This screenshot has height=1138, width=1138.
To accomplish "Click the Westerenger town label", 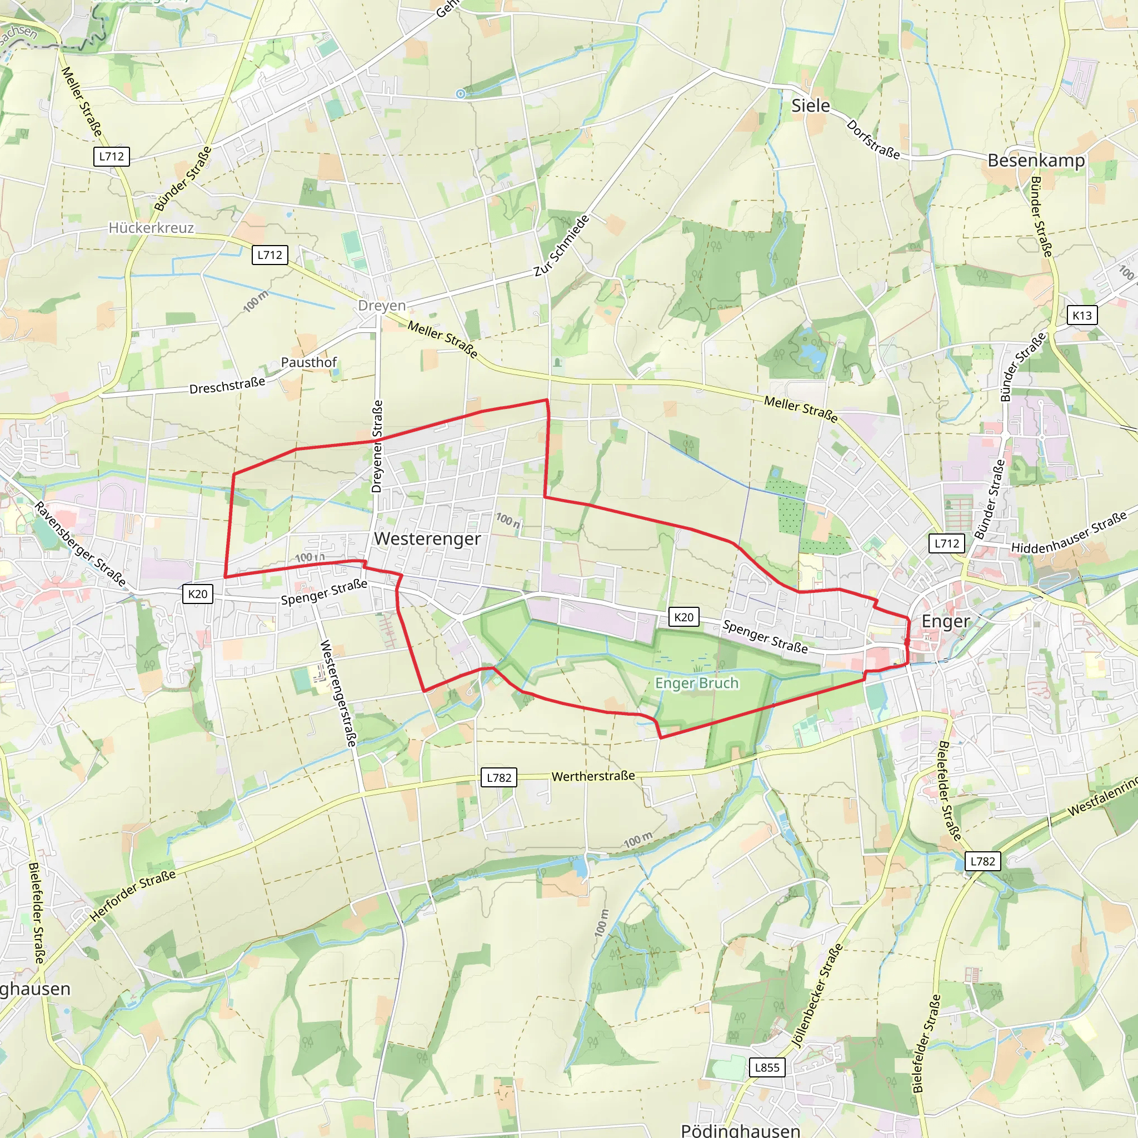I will (428, 538).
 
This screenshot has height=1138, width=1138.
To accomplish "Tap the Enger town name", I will (945, 621).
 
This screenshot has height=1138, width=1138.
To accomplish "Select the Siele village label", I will (811, 106).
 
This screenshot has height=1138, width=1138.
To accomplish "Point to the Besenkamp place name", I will (1036, 160).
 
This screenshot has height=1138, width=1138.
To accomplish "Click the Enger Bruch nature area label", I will (697, 683).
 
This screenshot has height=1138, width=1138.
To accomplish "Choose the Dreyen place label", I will (382, 306).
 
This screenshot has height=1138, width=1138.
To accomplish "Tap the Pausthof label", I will (308, 362).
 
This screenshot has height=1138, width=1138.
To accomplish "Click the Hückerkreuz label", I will (151, 228).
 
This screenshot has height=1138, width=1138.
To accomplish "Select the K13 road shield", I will (1082, 315).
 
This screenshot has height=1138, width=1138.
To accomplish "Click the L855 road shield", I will (767, 1067).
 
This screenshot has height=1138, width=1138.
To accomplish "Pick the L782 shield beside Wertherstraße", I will (499, 777).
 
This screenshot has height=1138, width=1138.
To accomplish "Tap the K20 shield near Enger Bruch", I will (683, 617).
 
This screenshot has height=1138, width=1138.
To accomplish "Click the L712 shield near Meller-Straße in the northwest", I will (111, 156).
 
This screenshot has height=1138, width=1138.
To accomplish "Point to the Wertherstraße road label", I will (593, 776).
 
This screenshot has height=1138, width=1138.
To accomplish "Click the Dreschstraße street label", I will (227, 386).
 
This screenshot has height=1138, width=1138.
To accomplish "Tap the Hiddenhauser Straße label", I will (1069, 533).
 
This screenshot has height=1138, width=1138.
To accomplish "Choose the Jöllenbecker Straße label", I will (817, 995).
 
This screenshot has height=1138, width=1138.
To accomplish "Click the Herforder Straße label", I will (133, 895).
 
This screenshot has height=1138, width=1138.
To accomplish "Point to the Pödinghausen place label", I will (740, 1130).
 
